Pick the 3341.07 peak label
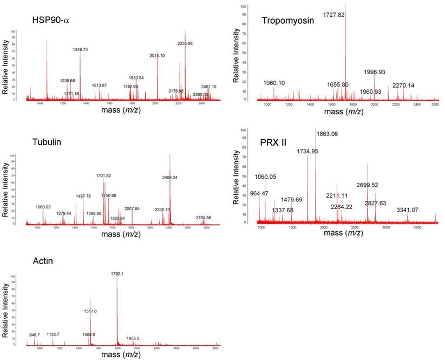408,210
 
